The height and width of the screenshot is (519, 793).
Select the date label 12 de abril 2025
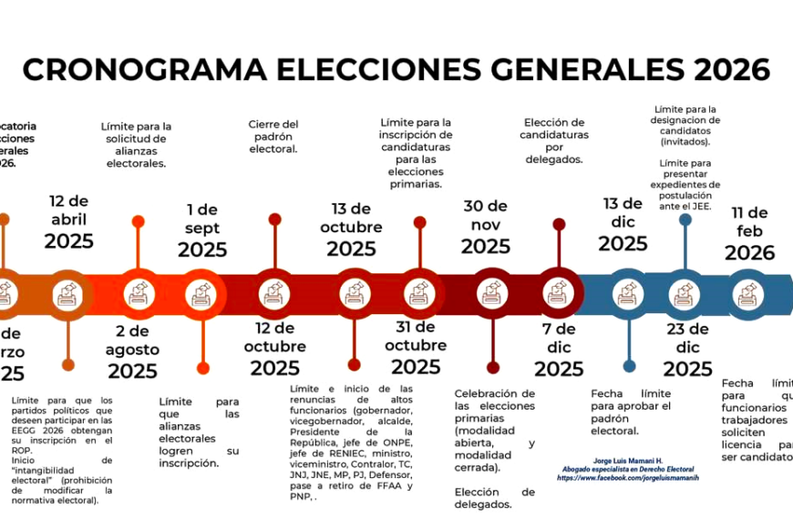(x=69, y=221)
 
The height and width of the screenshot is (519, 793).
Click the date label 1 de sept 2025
(x=202, y=230)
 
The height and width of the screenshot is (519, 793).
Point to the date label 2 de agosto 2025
(x=132, y=351)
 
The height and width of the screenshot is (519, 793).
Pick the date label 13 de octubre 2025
(x=351, y=229)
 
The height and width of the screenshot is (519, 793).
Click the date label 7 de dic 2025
(x=559, y=350)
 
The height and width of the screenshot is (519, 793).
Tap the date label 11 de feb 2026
(x=749, y=232)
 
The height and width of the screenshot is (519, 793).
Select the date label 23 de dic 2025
(x=687, y=350)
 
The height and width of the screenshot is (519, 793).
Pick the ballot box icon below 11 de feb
(x=749, y=293)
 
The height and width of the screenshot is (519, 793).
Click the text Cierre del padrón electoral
(x=273, y=137)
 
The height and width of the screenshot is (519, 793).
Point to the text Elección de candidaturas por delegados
(x=554, y=140)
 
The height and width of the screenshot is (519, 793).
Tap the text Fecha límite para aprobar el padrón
(x=631, y=412)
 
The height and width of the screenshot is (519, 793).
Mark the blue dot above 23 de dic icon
(x=685, y=219)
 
